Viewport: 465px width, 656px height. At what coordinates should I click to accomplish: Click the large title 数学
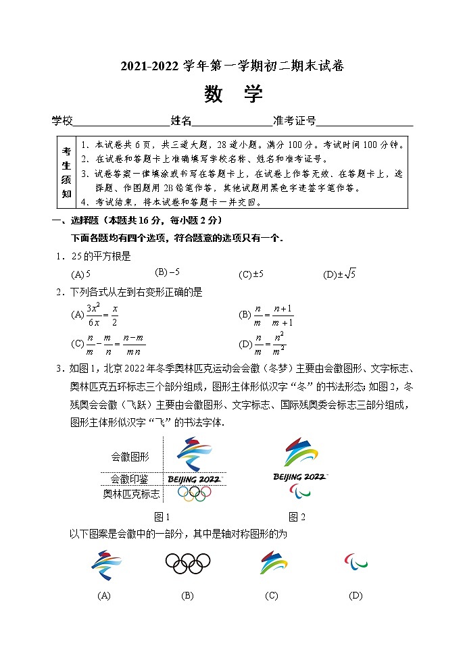232,95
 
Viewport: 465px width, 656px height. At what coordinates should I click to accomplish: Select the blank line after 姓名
232,123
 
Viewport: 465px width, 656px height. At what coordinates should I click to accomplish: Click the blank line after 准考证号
365,123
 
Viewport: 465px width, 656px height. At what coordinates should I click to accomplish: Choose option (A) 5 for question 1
81,274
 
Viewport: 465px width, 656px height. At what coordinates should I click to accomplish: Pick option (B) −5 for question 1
167,272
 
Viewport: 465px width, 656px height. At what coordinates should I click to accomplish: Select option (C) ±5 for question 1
251,274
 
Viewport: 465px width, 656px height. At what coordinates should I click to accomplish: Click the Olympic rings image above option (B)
188,563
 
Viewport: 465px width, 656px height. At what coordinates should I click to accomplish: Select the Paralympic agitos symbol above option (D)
356,561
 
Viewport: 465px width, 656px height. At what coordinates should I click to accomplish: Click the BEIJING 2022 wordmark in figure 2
300,477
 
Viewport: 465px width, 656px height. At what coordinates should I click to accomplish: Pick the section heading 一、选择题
81,221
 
